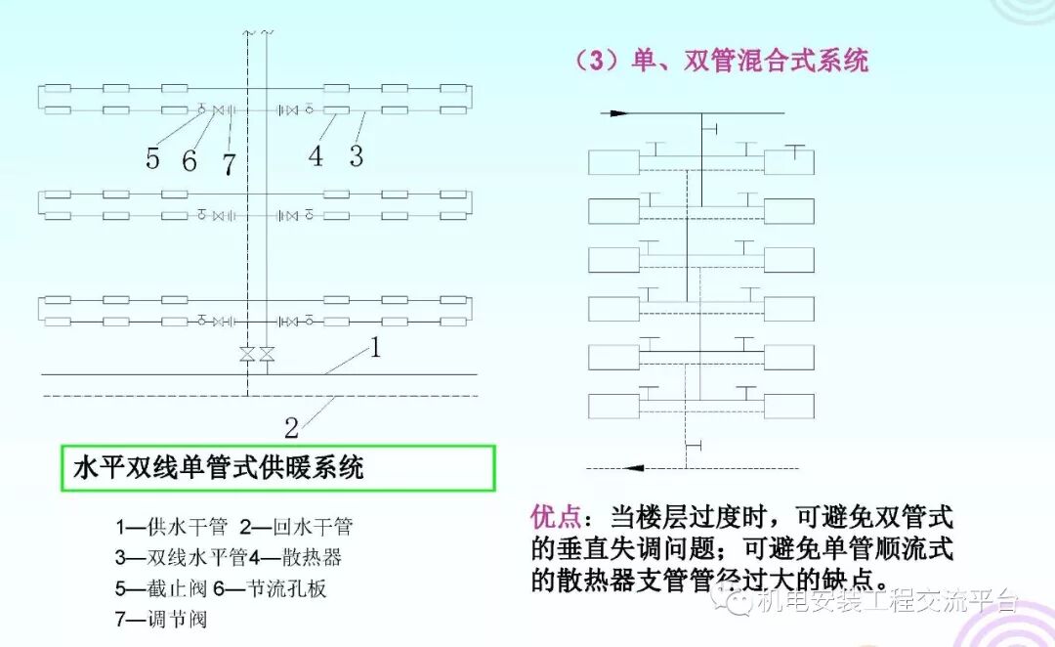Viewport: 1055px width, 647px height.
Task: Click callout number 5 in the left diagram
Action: click(152, 157)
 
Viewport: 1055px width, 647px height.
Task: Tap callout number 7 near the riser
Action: click(229, 164)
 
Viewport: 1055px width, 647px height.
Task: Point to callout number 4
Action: click(316, 155)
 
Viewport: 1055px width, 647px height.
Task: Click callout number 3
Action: click(357, 155)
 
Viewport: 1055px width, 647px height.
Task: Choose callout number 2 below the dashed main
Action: click(291, 426)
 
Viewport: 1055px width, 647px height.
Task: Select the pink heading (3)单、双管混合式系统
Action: click(721, 62)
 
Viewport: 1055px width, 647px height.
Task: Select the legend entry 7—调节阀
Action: click(161, 618)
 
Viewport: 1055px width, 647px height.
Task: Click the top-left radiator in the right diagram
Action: click(613, 161)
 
